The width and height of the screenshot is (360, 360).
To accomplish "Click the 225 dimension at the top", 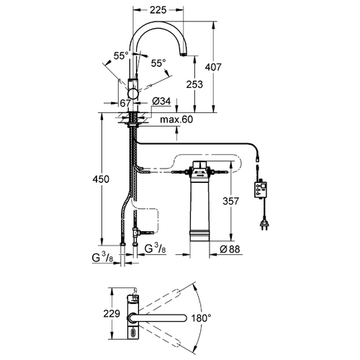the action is pyautogui.click(x=158, y=10).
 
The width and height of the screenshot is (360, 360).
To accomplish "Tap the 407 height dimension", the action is pyautogui.click(x=213, y=67).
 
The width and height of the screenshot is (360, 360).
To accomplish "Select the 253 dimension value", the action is pyautogui.click(x=194, y=84).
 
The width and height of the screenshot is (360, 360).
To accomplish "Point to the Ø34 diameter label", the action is pyautogui.click(x=161, y=102).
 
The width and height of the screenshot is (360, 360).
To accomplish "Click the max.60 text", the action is pyautogui.click(x=176, y=120).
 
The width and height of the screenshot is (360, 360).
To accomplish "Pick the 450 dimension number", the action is pyautogui.click(x=101, y=179).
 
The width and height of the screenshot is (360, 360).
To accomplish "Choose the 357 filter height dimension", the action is pyautogui.click(x=231, y=201).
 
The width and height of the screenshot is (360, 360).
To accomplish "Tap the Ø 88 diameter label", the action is pyautogui.click(x=230, y=249).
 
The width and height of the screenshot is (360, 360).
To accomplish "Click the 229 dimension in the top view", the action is pyautogui.click(x=112, y=313).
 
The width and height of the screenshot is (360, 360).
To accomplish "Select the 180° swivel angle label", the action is pyautogui.click(x=201, y=318).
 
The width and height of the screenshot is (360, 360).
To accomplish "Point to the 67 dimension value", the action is pyautogui.click(x=125, y=103).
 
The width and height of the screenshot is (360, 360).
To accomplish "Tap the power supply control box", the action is pyautogui.click(x=261, y=189).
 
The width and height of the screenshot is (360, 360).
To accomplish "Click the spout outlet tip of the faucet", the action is pyautogui.click(x=184, y=55).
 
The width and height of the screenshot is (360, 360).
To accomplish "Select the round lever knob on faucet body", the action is pyautogui.click(x=132, y=93).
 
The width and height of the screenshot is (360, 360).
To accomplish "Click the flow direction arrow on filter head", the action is pyautogui.click(x=200, y=176).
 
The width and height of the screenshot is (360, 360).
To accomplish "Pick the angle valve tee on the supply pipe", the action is pyautogui.click(x=135, y=233).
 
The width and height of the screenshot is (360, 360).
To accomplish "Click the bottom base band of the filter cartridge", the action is pyautogui.click(x=199, y=235).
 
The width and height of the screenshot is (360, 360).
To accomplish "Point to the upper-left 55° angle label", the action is pyautogui.click(x=121, y=56).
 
